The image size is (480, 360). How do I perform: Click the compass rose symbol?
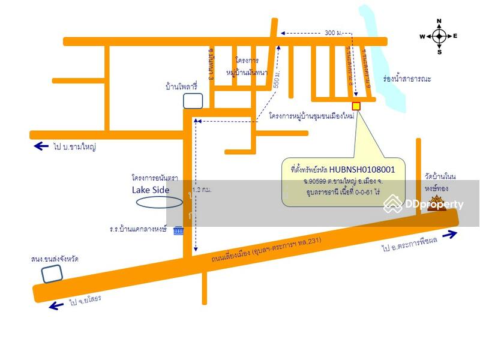click(x=439, y=36)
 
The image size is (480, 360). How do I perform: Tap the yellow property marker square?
click(x=356, y=106)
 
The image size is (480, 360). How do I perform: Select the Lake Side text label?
click(x=151, y=190)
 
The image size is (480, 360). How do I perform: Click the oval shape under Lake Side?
click(x=159, y=202)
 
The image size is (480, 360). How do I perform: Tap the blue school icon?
click(x=178, y=230)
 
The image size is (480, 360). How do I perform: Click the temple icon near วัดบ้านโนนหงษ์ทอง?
click(x=436, y=203)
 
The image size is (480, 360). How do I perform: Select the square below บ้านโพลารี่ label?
click(x=193, y=100)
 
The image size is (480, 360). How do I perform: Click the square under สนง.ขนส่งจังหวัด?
click(x=52, y=273)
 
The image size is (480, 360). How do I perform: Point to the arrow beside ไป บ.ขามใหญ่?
click(x=41, y=146)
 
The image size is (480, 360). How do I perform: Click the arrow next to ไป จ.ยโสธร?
click(x=56, y=305)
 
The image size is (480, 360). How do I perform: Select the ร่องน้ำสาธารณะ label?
click(x=407, y=79)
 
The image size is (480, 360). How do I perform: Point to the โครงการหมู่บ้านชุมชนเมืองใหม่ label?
click(x=311, y=115)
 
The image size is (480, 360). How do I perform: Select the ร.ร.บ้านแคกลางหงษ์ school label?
click(x=139, y=230)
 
